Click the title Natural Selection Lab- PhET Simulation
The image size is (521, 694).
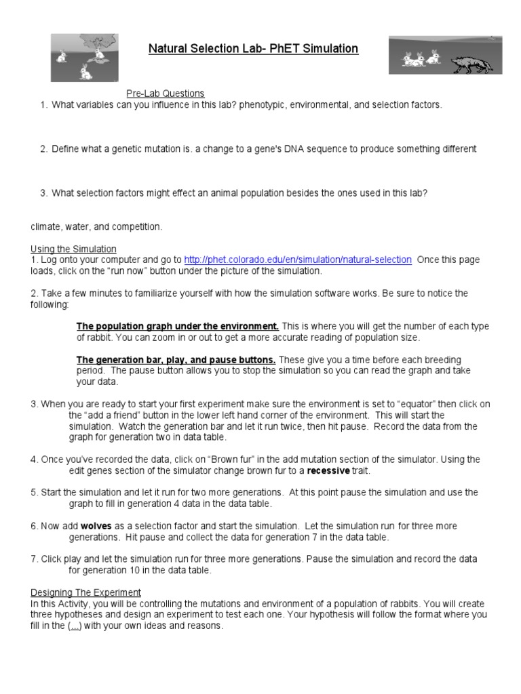(253, 49)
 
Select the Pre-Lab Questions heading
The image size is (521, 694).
(166, 94)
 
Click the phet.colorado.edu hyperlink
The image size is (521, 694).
(298, 260)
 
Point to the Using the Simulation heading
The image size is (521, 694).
(73, 249)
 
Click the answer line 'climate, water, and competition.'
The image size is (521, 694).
(96, 226)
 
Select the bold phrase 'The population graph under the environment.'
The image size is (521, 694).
(178, 326)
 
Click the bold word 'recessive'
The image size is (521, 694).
(329, 470)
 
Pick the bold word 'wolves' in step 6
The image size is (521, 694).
(96, 526)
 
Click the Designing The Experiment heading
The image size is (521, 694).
(86, 592)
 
